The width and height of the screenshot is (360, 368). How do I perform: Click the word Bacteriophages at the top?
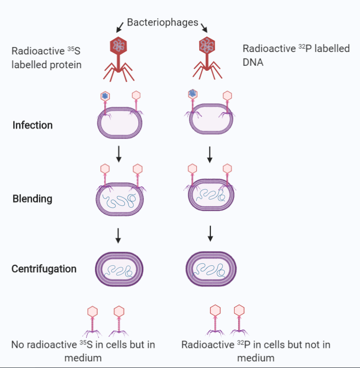coord(162,22)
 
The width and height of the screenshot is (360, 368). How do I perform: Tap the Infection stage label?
coord(32,125)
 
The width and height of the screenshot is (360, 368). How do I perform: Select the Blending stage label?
coord(32,199)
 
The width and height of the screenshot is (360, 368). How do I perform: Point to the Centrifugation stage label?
coord(44,269)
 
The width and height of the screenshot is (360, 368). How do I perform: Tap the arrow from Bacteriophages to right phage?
coord(204,28)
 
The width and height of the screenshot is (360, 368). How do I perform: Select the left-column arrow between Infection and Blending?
coord(118,153)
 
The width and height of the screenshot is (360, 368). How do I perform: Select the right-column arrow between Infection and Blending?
coord(210,153)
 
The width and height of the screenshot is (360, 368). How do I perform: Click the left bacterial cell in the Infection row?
coord(120,125)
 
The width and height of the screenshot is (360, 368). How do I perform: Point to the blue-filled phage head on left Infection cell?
coord(104,96)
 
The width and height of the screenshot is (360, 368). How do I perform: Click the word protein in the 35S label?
coord(65,64)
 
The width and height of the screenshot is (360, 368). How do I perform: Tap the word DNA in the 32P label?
coord(253,62)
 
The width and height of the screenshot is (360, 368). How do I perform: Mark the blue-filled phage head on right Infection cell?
coord(192,93)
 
